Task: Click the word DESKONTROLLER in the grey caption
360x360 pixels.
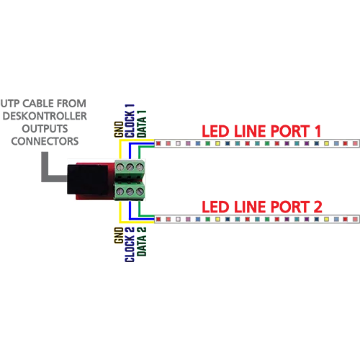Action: pos(45,116)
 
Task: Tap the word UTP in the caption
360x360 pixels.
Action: pos(10,104)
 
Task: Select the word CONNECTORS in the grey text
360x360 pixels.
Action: pos(45,141)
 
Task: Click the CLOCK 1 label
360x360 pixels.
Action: pos(130,121)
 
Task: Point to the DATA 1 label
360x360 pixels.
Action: pos(142,124)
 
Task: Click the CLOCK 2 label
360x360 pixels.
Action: pos(130,244)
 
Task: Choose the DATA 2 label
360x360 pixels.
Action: pos(142,241)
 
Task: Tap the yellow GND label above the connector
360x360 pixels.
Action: pos(119,130)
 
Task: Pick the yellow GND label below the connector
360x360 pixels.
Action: pos(119,235)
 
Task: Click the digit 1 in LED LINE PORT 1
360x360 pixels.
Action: pos(318,131)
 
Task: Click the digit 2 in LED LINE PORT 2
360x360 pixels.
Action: pos(318,207)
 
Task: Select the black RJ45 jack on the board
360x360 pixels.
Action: pos(87,179)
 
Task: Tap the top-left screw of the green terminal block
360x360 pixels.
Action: pos(120,166)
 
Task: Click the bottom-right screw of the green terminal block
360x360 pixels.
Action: pos(140,192)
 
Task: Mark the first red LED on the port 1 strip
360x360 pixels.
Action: pos(158,143)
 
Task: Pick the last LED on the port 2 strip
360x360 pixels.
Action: pos(355,219)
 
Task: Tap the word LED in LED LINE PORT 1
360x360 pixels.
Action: pos(215,131)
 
